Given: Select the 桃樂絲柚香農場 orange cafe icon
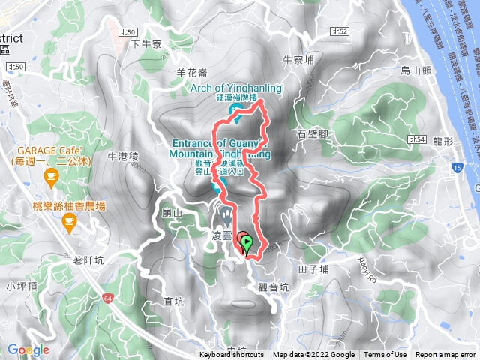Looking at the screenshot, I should (69, 220).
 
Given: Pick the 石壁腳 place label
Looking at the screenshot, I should (313, 133).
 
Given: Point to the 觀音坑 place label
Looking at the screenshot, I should (272, 286).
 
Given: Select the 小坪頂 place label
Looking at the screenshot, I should (20, 286).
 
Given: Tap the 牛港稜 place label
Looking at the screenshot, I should (124, 157).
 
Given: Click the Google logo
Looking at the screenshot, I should (28, 349).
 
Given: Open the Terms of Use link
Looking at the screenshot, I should (385, 355).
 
